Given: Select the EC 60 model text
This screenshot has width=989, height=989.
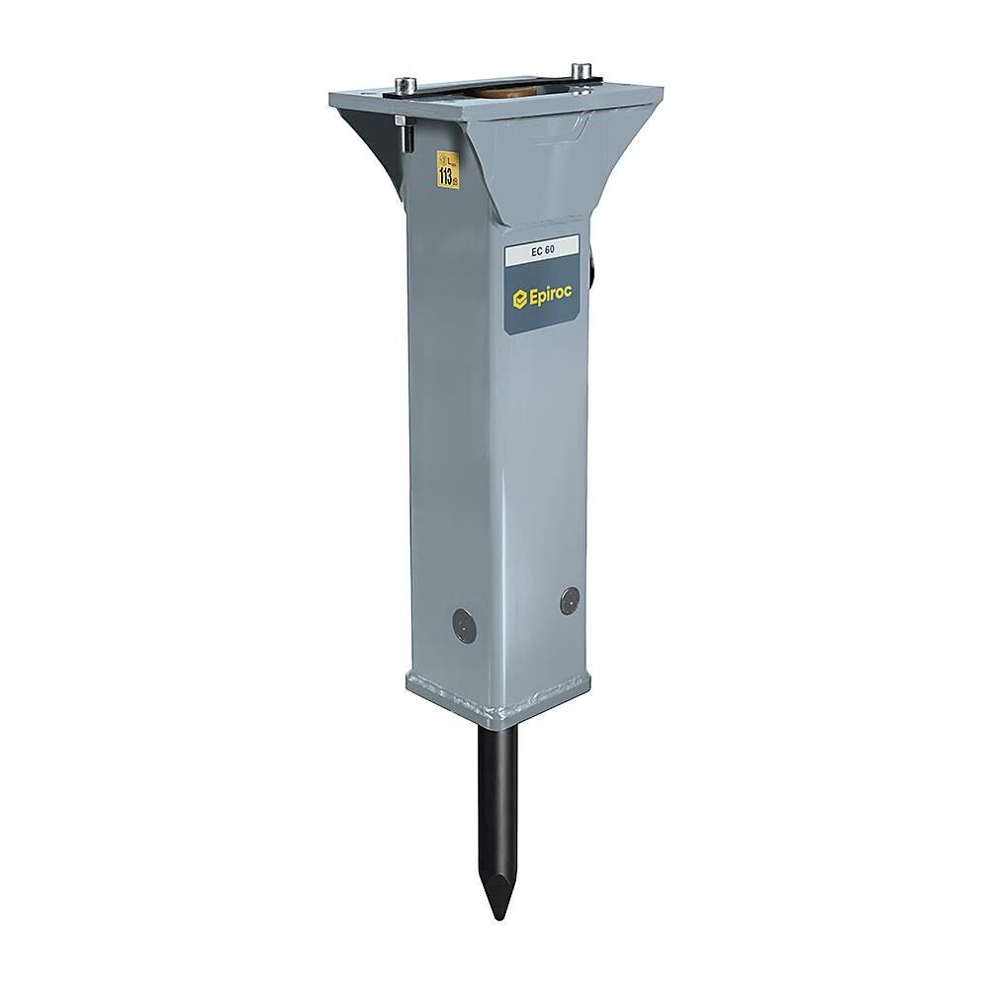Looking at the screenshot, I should [x=542, y=252].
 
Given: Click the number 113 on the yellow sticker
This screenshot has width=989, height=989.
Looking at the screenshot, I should [x=447, y=177].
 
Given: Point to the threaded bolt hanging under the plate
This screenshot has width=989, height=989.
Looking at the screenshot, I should [x=405, y=135].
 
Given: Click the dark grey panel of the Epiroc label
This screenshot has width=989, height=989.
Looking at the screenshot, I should [x=554, y=316].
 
